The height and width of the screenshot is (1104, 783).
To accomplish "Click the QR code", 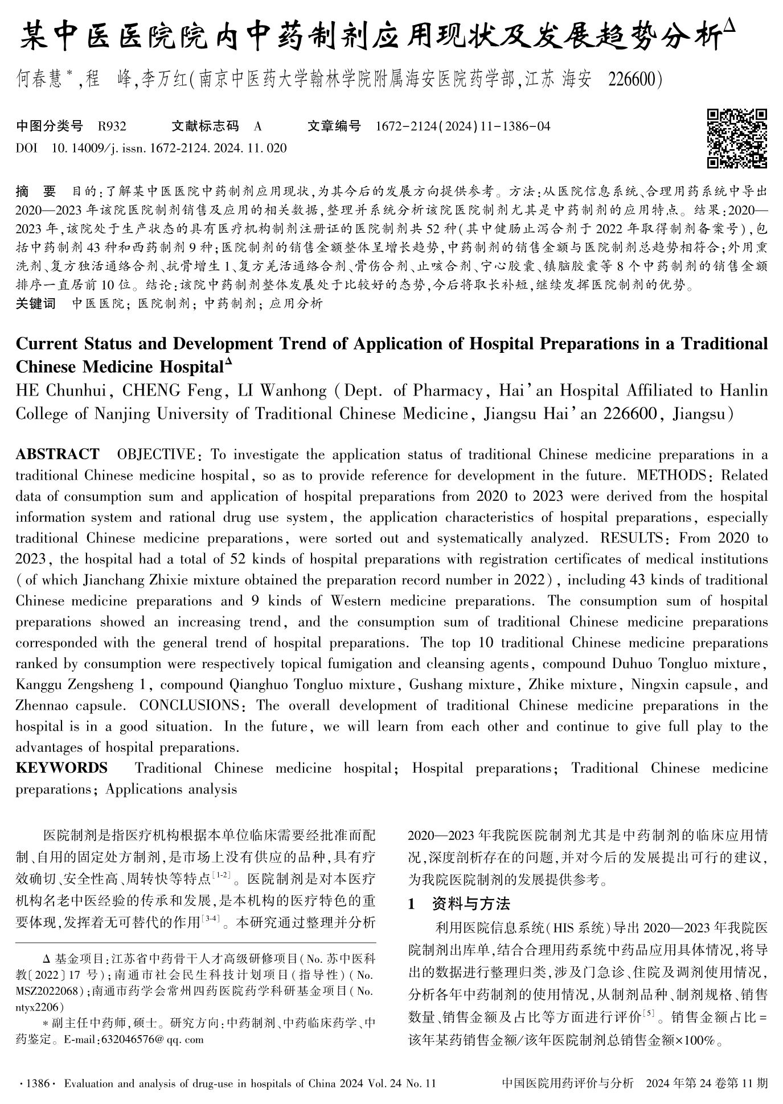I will click(737, 138).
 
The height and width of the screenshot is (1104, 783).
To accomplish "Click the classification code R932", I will click(112, 126).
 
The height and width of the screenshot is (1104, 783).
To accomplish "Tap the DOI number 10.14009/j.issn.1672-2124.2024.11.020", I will click(169, 149).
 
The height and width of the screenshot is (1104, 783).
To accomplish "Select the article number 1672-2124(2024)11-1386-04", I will click(463, 126).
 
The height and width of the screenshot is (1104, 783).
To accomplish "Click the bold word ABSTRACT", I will click(57, 455).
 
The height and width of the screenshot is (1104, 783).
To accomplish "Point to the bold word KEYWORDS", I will click(62, 768).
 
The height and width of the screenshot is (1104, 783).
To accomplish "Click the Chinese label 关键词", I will click(36, 303).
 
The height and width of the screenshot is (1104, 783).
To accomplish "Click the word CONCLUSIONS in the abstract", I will click(190, 706).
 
